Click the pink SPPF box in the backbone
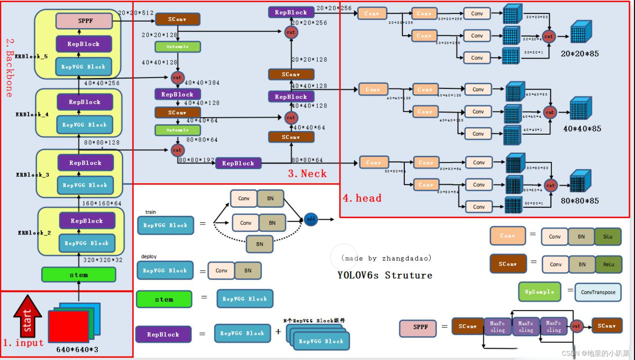pyautogui.click(x=84, y=21)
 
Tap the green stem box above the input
pyautogui.click(x=79, y=275)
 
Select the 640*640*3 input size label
pyautogui.click(x=77, y=350)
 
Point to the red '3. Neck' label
pyautogui.click(x=307, y=174)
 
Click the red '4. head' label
pyautogui.click(x=362, y=198)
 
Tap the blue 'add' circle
pyautogui.click(x=311, y=219)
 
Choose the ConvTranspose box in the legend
pyautogui.click(x=598, y=292)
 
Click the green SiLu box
pyautogui.click(x=607, y=237)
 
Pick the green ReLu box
pyautogui.click(x=608, y=264)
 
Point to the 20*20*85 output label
pyautogui.click(x=580, y=54)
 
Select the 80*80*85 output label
pyautogui.click(x=580, y=201)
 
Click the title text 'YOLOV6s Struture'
pyautogui.click(x=385, y=275)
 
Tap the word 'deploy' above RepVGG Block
pyautogui.click(x=149, y=256)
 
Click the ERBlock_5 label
pyautogui.click(x=31, y=57)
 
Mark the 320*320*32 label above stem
pyautogui.click(x=103, y=260)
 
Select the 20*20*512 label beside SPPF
pyautogui.click(x=136, y=13)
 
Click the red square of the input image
pyautogui.click(x=69, y=326)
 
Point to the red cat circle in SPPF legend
pyautogui.click(x=576, y=326)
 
